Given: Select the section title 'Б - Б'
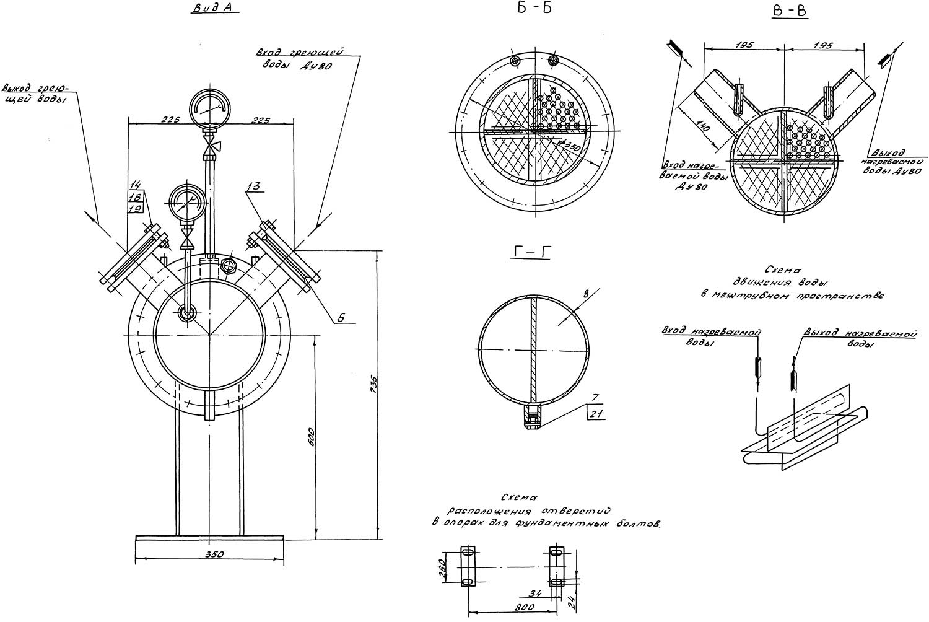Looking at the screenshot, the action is point(534,8).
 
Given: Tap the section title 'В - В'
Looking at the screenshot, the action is point(790,11).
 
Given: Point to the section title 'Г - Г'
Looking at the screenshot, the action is point(532,251).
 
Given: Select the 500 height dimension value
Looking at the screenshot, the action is point(312,437).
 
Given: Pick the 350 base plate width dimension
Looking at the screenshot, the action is point(215,554).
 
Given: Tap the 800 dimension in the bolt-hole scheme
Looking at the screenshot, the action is point(525,607).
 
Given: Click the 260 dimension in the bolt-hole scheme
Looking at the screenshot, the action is point(442,567).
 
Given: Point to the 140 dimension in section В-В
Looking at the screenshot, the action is point(704,126).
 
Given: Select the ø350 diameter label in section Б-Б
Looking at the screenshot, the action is point(569,146).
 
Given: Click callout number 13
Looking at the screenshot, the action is point(253,186).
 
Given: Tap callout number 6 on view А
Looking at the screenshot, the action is point(340,318).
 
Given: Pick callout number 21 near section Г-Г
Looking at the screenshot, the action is point(596,413).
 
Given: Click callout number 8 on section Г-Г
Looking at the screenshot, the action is point(586,294).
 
